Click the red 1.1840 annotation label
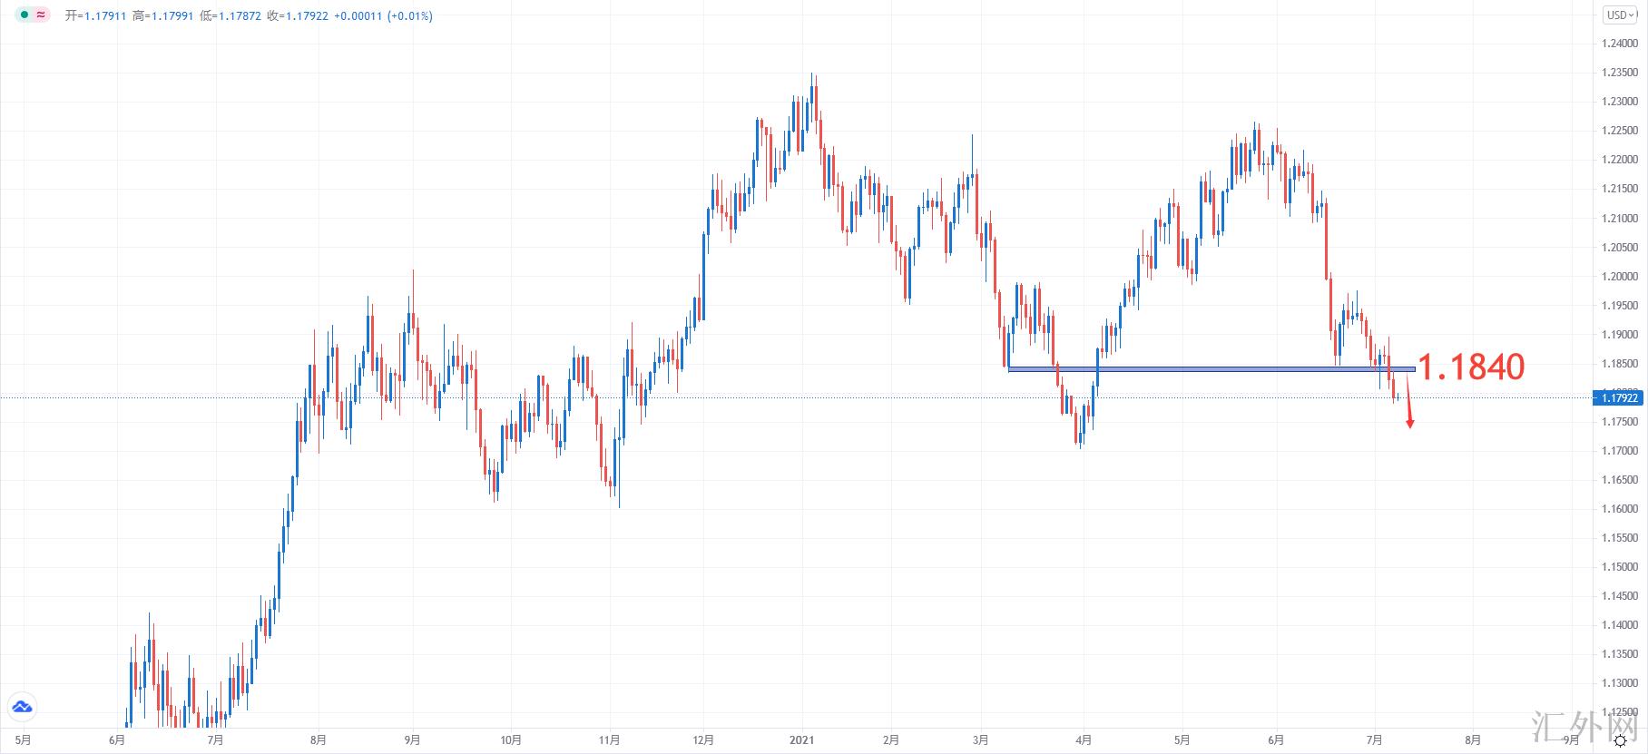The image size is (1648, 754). point(1470,367)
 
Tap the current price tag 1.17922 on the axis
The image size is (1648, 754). point(1619,397)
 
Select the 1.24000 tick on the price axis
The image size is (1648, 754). point(1620,44)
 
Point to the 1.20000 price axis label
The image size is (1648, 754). point(1620,277)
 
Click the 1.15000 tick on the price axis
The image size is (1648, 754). point(1620,567)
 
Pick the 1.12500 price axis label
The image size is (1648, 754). point(1620,712)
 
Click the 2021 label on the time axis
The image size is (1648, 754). point(801,740)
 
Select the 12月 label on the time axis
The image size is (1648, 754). point(702,740)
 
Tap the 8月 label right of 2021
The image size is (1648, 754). point(1473,740)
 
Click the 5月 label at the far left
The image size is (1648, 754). point(24,740)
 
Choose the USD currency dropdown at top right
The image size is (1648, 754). point(1621,15)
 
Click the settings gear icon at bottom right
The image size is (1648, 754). point(1620,741)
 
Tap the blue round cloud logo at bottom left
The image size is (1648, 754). point(22,707)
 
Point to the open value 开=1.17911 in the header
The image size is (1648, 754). point(95,15)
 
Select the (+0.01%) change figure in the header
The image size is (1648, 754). point(409,15)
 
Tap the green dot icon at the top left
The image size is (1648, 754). point(25,15)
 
